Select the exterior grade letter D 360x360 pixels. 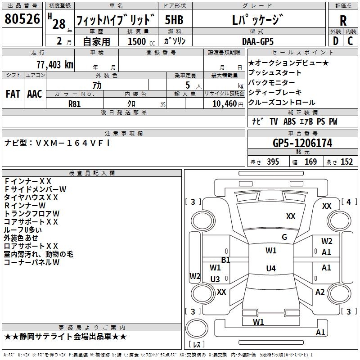(335, 40)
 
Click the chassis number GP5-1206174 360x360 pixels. (302, 144)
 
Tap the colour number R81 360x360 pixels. (75, 103)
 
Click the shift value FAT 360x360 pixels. (13, 94)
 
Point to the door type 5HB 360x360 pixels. (174, 21)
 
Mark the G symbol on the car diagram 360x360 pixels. (284, 237)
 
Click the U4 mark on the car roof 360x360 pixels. (270, 269)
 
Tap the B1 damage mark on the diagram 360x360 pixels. (225, 260)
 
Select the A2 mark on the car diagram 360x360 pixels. (320, 292)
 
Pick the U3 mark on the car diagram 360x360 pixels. (215, 279)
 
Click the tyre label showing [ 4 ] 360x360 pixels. (349, 202)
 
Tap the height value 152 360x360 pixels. (346, 162)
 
